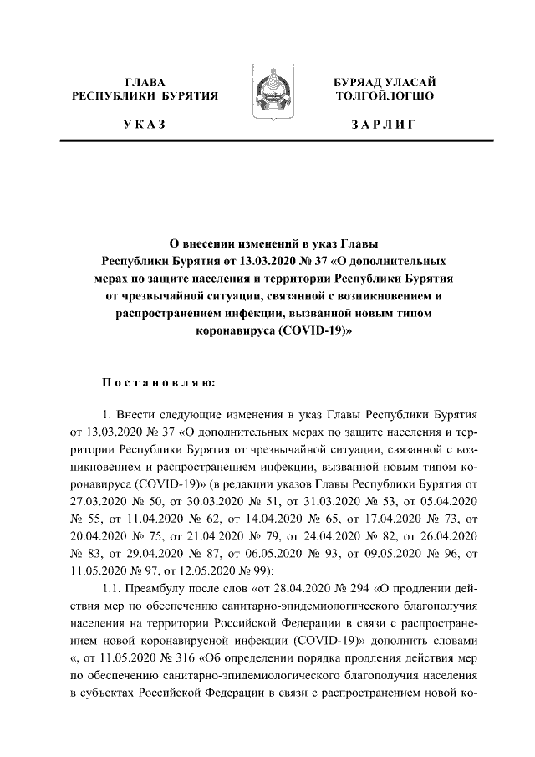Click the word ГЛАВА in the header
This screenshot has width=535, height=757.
coord(145,82)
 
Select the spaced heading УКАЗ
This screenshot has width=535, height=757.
coord(144,125)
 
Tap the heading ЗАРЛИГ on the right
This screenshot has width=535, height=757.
coord(384,125)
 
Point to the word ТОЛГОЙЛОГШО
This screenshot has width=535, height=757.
coord(384,96)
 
